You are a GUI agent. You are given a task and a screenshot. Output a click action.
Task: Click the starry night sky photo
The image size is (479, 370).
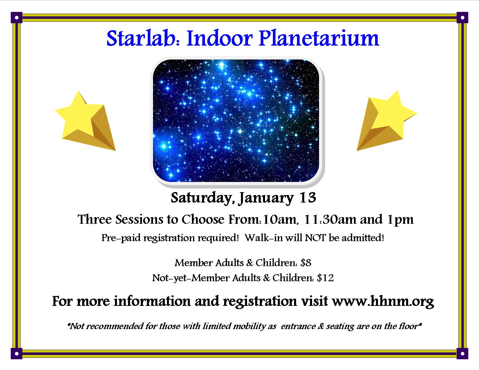[x=236, y=120]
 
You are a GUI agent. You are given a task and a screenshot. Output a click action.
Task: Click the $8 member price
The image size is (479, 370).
[x=306, y=263]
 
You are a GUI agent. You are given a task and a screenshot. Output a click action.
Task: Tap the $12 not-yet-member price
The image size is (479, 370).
[x=325, y=278]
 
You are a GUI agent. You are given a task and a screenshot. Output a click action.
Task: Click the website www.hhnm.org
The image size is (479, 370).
[x=383, y=301]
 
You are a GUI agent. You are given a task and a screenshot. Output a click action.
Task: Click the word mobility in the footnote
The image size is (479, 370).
[x=249, y=326]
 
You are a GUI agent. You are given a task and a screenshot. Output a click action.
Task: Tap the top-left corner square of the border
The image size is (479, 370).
[x=17, y=17]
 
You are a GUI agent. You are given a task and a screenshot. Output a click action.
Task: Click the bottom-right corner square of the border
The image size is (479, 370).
[x=462, y=354]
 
